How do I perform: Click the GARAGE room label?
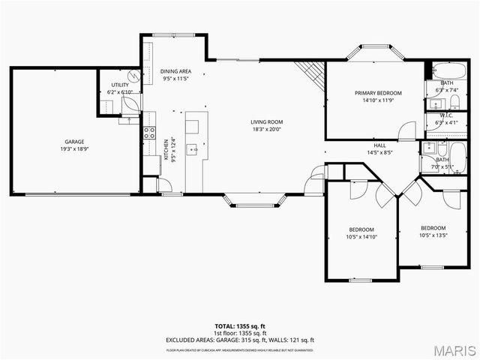(73, 141)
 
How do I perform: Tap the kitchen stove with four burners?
(150, 134)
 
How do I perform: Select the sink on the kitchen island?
(192, 148)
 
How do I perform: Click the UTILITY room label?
(119, 85)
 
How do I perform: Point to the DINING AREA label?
(176, 71)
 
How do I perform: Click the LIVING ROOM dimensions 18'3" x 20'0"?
(266, 129)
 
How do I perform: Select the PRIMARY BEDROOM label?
(378, 93)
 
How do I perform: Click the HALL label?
(380, 145)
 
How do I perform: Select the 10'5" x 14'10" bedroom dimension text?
(361, 237)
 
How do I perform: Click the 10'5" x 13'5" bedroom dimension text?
(433, 235)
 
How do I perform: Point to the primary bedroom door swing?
(406, 130)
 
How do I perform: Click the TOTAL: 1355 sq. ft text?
(240, 326)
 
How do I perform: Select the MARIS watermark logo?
(450, 349)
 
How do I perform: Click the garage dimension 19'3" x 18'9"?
(73, 148)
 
